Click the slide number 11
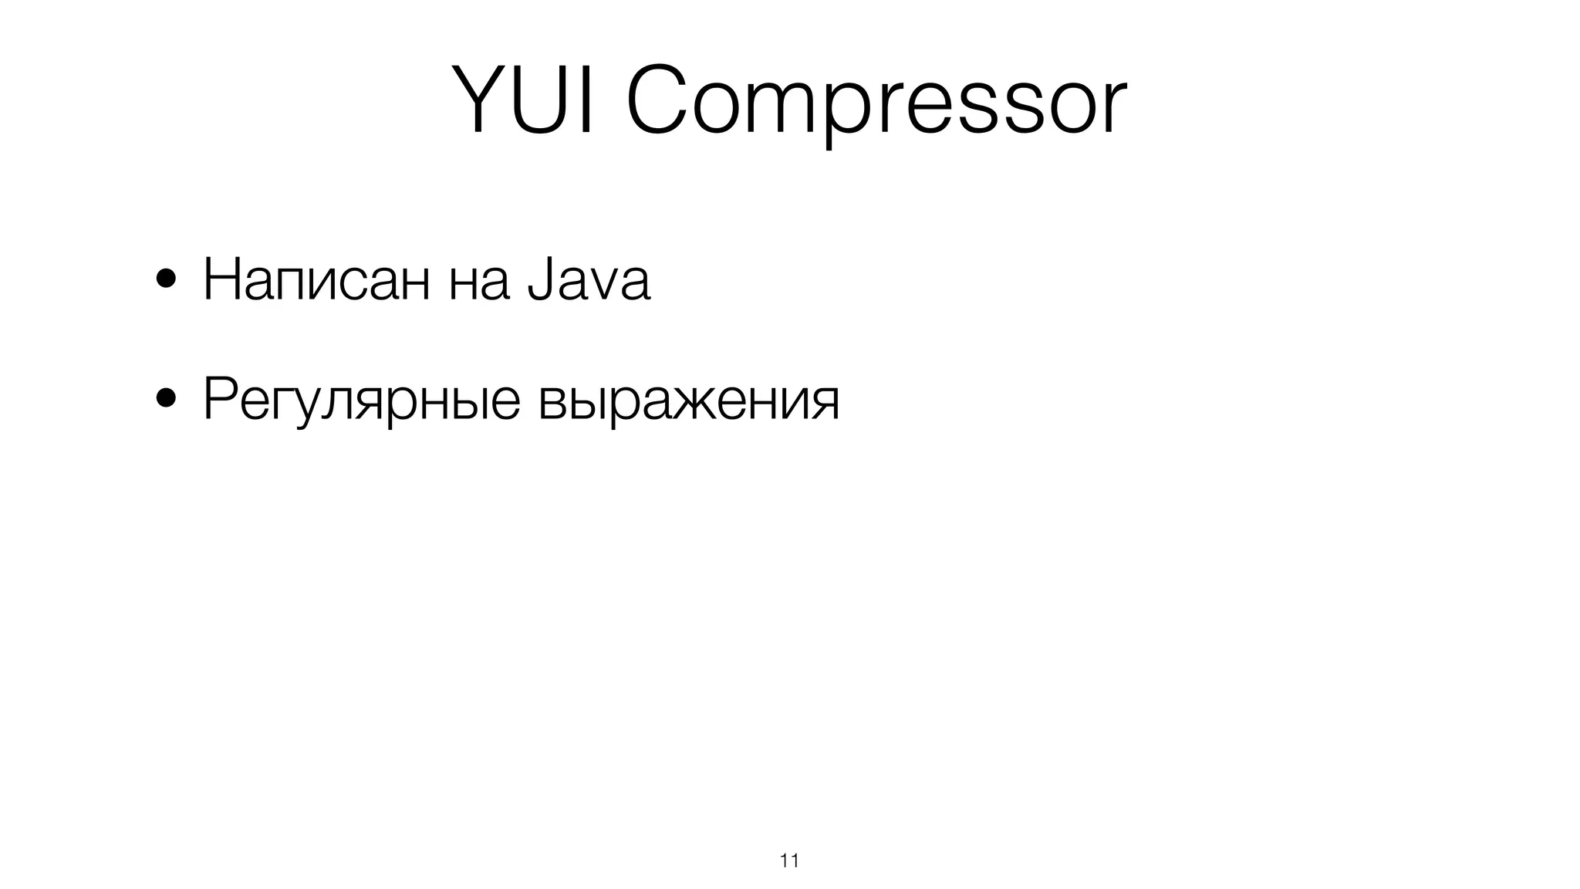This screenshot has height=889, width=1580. (789, 861)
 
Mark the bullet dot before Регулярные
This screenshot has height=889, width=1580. (164, 401)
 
